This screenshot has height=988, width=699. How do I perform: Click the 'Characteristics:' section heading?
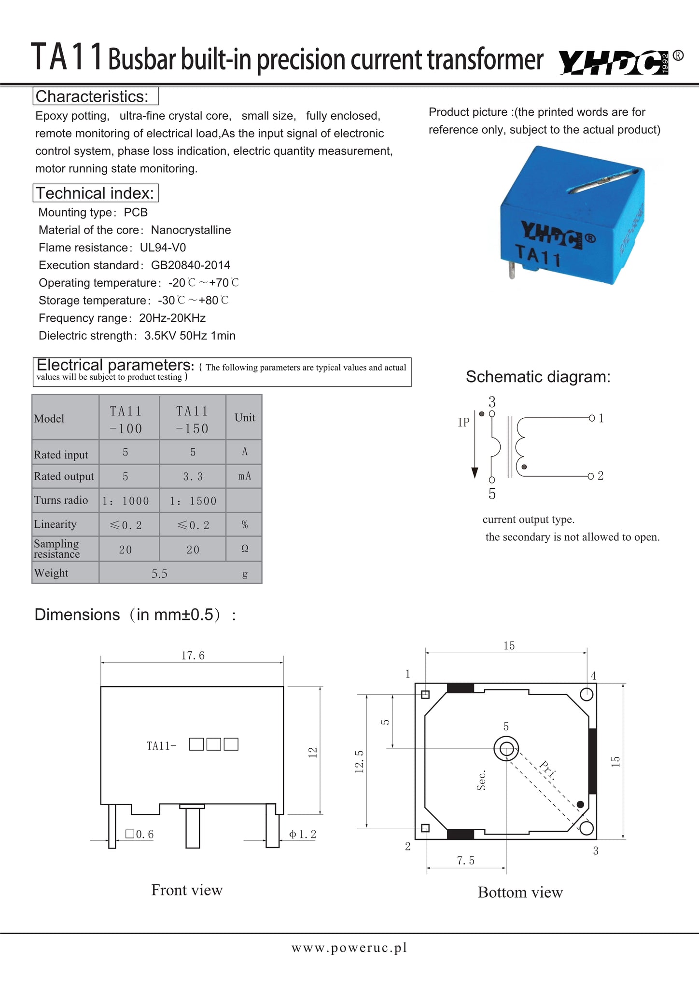(x=92, y=96)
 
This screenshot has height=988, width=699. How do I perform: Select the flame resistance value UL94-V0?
(x=163, y=247)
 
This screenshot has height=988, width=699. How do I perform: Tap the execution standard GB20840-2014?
(x=191, y=265)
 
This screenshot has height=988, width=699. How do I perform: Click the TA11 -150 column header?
(x=192, y=419)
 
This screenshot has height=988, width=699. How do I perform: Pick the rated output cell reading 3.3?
(x=193, y=477)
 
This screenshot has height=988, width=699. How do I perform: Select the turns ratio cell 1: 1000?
(x=126, y=501)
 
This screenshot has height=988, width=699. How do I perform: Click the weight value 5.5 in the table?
(x=159, y=574)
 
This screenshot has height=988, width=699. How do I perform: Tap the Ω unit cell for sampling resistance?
(x=245, y=549)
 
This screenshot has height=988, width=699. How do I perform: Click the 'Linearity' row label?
(x=55, y=524)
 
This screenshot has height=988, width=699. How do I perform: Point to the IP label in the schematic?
(x=463, y=423)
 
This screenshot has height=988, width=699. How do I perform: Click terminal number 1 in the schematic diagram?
(x=601, y=418)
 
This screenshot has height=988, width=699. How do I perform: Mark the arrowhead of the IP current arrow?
(x=475, y=473)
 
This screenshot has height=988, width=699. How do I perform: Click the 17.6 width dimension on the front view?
(x=193, y=655)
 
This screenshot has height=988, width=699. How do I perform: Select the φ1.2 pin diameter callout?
(x=303, y=834)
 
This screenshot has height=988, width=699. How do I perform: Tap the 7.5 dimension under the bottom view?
(x=466, y=861)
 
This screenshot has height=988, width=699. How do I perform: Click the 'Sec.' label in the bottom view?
(x=481, y=780)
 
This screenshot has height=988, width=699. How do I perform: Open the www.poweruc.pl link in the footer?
(x=349, y=947)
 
